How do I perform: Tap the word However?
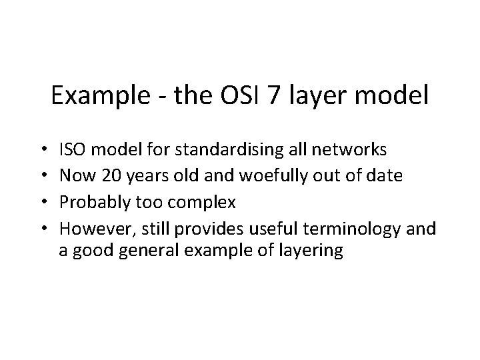click(x=89, y=229)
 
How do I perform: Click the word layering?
click(x=313, y=251)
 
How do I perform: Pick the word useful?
click(x=274, y=229)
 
